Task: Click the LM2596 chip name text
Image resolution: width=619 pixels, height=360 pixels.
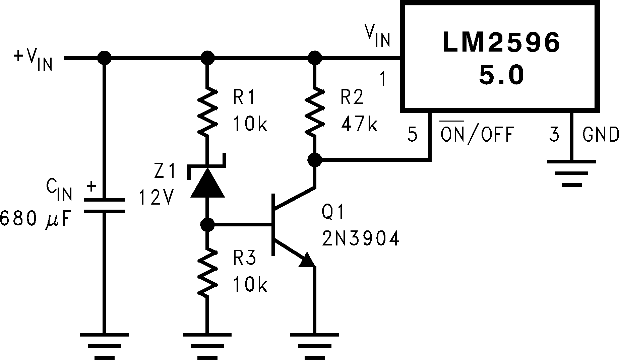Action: coord(501,43)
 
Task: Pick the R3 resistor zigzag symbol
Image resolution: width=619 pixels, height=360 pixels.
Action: coord(207,272)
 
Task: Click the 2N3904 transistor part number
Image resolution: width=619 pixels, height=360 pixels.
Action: coord(361,239)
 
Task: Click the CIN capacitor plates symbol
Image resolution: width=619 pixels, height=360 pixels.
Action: coord(104,206)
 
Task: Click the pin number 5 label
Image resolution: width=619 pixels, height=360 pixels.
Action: coord(413,135)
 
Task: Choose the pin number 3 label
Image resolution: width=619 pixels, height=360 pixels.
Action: coord(554,135)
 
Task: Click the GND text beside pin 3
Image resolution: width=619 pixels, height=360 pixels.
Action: coord(600,135)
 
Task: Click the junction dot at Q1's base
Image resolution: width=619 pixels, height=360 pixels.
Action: coord(207,224)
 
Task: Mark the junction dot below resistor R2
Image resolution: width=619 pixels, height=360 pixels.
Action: coord(314,160)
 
